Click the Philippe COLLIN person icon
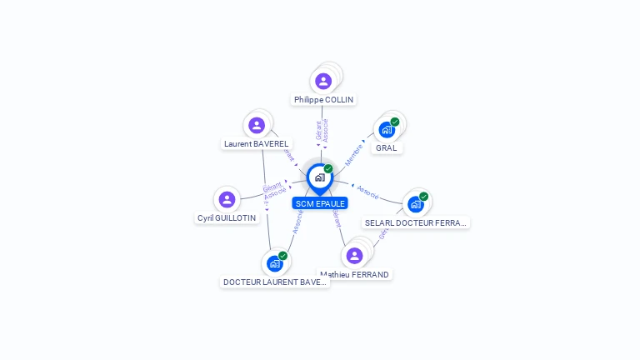tap(323, 81)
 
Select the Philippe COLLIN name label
tap(323, 100)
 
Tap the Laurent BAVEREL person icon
tap(257, 125)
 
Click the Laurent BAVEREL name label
tap(257, 144)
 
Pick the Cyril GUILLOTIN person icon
tap(227, 199)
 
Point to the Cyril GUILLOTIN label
tap(227, 218)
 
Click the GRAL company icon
tap(387, 129)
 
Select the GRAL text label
tap(386, 148)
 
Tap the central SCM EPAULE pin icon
tap(320, 177)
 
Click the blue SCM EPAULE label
tap(320, 203)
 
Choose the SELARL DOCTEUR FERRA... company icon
tap(415, 204)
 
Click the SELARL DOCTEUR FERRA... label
tap(417, 223)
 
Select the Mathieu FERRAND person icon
tap(354, 255)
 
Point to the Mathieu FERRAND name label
tap(355, 275)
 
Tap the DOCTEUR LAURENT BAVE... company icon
tap(274, 263)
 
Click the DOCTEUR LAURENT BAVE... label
tap(275, 282)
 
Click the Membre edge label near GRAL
tap(354, 153)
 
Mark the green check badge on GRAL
tap(395, 122)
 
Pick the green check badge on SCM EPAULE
tap(328, 169)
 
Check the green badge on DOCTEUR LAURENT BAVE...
tap(282, 256)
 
